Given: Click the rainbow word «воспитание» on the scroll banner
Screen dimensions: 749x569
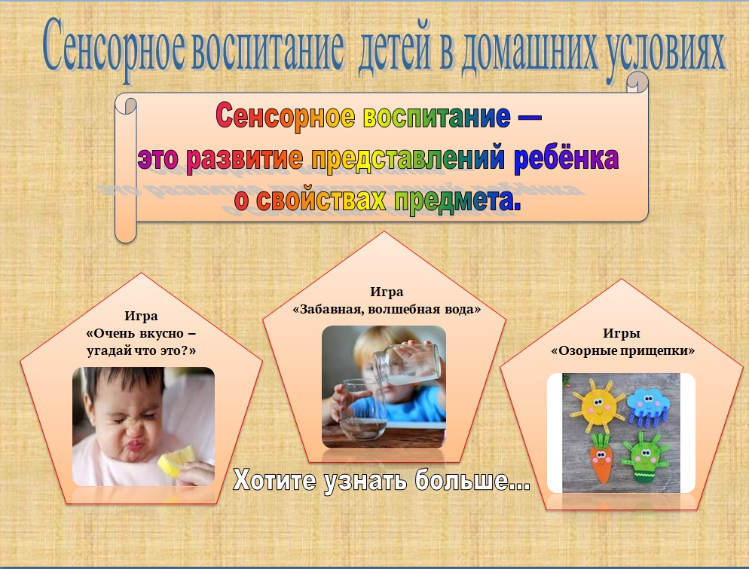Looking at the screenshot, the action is coord(436,117).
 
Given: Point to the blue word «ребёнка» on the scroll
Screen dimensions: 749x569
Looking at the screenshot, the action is coord(566,158).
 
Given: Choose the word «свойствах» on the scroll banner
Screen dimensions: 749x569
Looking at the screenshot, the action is coord(320,199).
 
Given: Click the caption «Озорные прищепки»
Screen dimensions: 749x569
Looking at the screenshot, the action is coord(622,350).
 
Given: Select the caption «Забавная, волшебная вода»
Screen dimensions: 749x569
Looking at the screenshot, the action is coord(387,309).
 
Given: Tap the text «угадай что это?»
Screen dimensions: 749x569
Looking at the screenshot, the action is coord(142,350).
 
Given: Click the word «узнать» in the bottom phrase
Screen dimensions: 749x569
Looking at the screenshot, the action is coord(364,481).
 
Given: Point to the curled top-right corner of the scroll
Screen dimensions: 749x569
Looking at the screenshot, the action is coord(638,81).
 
